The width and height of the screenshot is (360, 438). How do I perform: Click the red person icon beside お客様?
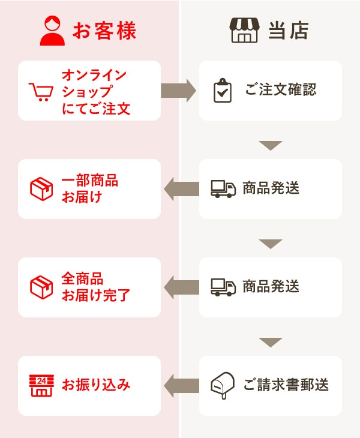52,31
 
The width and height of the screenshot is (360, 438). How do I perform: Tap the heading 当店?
288,31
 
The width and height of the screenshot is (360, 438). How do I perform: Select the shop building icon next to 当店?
244,31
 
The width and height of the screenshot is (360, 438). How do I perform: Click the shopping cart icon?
41,91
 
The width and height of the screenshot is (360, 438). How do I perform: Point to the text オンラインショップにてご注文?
95,91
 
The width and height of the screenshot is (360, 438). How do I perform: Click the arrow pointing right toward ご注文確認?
179,91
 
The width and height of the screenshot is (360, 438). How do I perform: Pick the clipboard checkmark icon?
223,91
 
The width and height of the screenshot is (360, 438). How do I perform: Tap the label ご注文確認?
280,91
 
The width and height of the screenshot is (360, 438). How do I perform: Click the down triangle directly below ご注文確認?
271,145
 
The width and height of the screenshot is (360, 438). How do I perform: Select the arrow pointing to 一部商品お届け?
181,189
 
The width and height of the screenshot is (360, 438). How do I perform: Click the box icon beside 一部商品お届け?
41,189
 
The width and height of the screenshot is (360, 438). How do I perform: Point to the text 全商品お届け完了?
95,287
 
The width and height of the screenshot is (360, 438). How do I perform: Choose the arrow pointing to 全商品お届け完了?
181,287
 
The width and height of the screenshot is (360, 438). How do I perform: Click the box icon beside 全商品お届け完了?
41,287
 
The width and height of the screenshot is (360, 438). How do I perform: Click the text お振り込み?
96,385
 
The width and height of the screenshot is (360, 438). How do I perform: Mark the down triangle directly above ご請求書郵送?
271,342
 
